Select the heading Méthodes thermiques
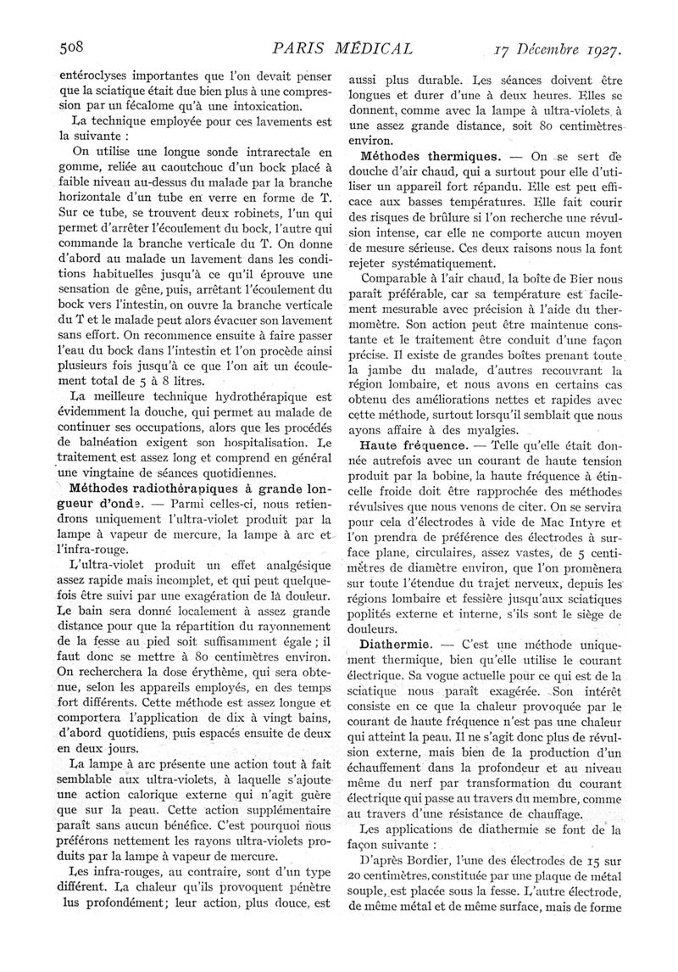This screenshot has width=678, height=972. coord(429,157)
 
